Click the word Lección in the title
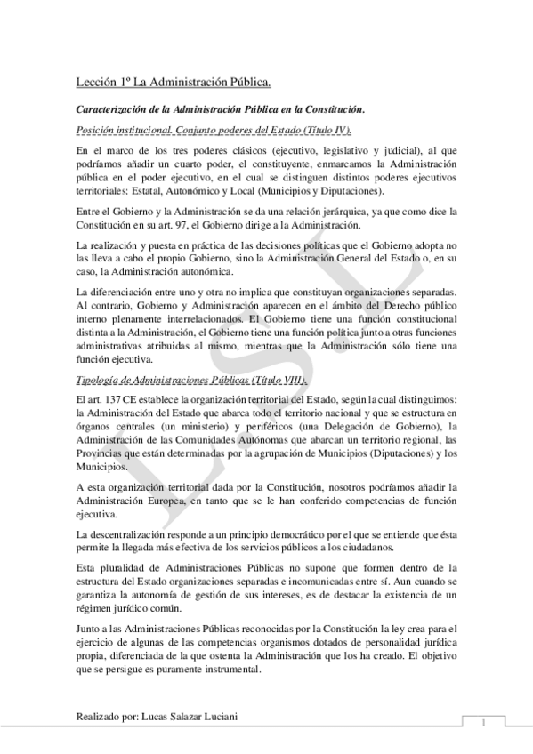[96, 84]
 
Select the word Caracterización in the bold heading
[110, 108]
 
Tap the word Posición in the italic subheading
[96, 130]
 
